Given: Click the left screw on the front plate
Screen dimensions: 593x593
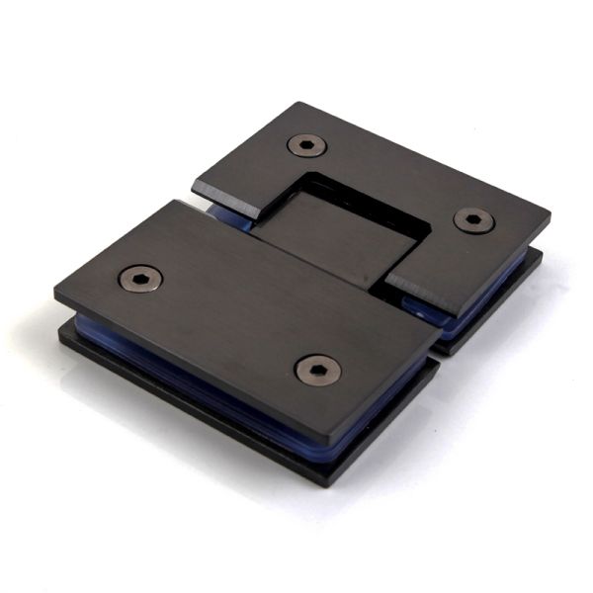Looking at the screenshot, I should pyautogui.click(x=140, y=279).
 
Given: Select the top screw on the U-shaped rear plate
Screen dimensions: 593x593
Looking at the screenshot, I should pyautogui.click(x=307, y=145).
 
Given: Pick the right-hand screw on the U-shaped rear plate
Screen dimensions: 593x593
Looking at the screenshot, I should pyautogui.click(x=474, y=219).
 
